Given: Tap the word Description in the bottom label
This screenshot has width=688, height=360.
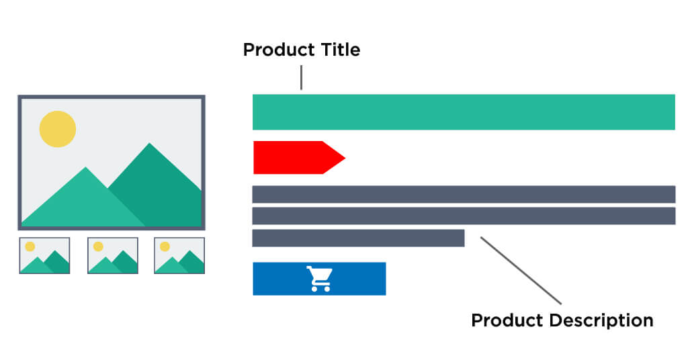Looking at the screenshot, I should (601, 320).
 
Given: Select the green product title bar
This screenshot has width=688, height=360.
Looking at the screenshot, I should (464, 111).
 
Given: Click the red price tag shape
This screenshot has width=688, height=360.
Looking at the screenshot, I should (296, 157).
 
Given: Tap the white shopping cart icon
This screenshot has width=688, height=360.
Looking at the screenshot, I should (319, 279).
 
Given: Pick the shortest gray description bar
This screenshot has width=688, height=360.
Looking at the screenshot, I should (358, 238).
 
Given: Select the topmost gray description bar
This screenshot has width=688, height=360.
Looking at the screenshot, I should (464, 194).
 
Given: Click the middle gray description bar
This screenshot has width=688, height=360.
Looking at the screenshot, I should (464, 216).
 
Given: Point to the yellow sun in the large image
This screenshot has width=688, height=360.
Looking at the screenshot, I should (58, 128).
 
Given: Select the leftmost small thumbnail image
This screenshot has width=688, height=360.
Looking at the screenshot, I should (44, 255).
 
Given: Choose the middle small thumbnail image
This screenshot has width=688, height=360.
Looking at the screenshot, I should (112, 255).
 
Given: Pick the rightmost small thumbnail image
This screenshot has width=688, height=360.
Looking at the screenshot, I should (179, 255).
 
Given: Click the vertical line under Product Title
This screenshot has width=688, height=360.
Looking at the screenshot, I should (302, 77).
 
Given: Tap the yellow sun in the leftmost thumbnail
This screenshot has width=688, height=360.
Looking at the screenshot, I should (30, 246).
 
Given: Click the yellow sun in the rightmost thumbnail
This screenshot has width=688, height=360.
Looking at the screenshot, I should (165, 246).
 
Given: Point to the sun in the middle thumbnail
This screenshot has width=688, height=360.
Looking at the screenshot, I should (98, 246).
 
